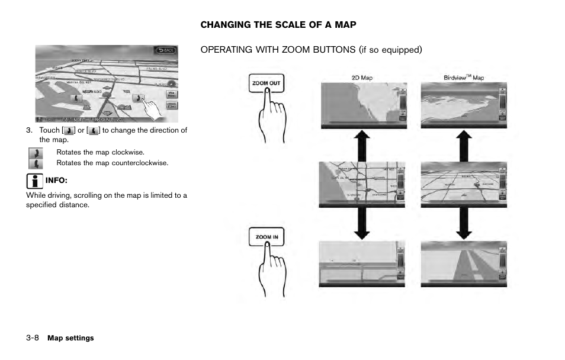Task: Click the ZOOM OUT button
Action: [x=267, y=83]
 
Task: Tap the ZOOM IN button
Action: [x=267, y=237]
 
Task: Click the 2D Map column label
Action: [x=362, y=78]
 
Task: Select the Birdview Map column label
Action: [x=463, y=78]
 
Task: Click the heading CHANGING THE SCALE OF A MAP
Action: [x=278, y=25]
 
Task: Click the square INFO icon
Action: [x=34, y=180]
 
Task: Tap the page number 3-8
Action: [x=33, y=338]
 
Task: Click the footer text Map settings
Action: [x=70, y=338]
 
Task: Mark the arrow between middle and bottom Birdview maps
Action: [x=464, y=224]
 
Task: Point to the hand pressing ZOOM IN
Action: [x=268, y=269]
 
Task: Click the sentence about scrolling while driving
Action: [x=107, y=200]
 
